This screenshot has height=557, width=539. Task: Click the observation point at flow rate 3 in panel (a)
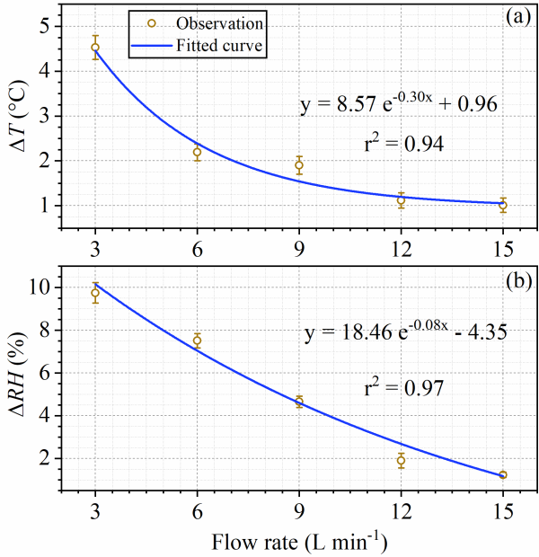pyautogui.click(x=95, y=47)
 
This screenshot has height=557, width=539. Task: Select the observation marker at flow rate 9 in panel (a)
pyautogui.click(x=299, y=165)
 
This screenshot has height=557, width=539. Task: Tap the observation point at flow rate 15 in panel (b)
pyautogui.click(x=503, y=474)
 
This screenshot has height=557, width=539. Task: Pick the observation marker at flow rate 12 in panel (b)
pyautogui.click(x=402, y=460)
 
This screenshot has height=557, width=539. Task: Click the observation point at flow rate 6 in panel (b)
pyautogui.click(x=197, y=340)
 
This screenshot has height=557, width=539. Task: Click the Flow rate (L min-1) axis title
pyautogui.click(x=298, y=541)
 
